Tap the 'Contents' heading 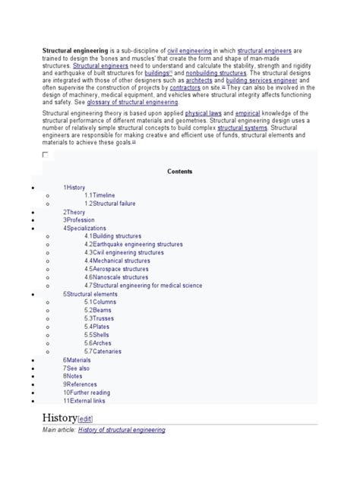[179, 172]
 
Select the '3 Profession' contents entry [79, 219]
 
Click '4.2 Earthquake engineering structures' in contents [133, 245]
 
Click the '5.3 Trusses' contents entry [99, 318]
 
